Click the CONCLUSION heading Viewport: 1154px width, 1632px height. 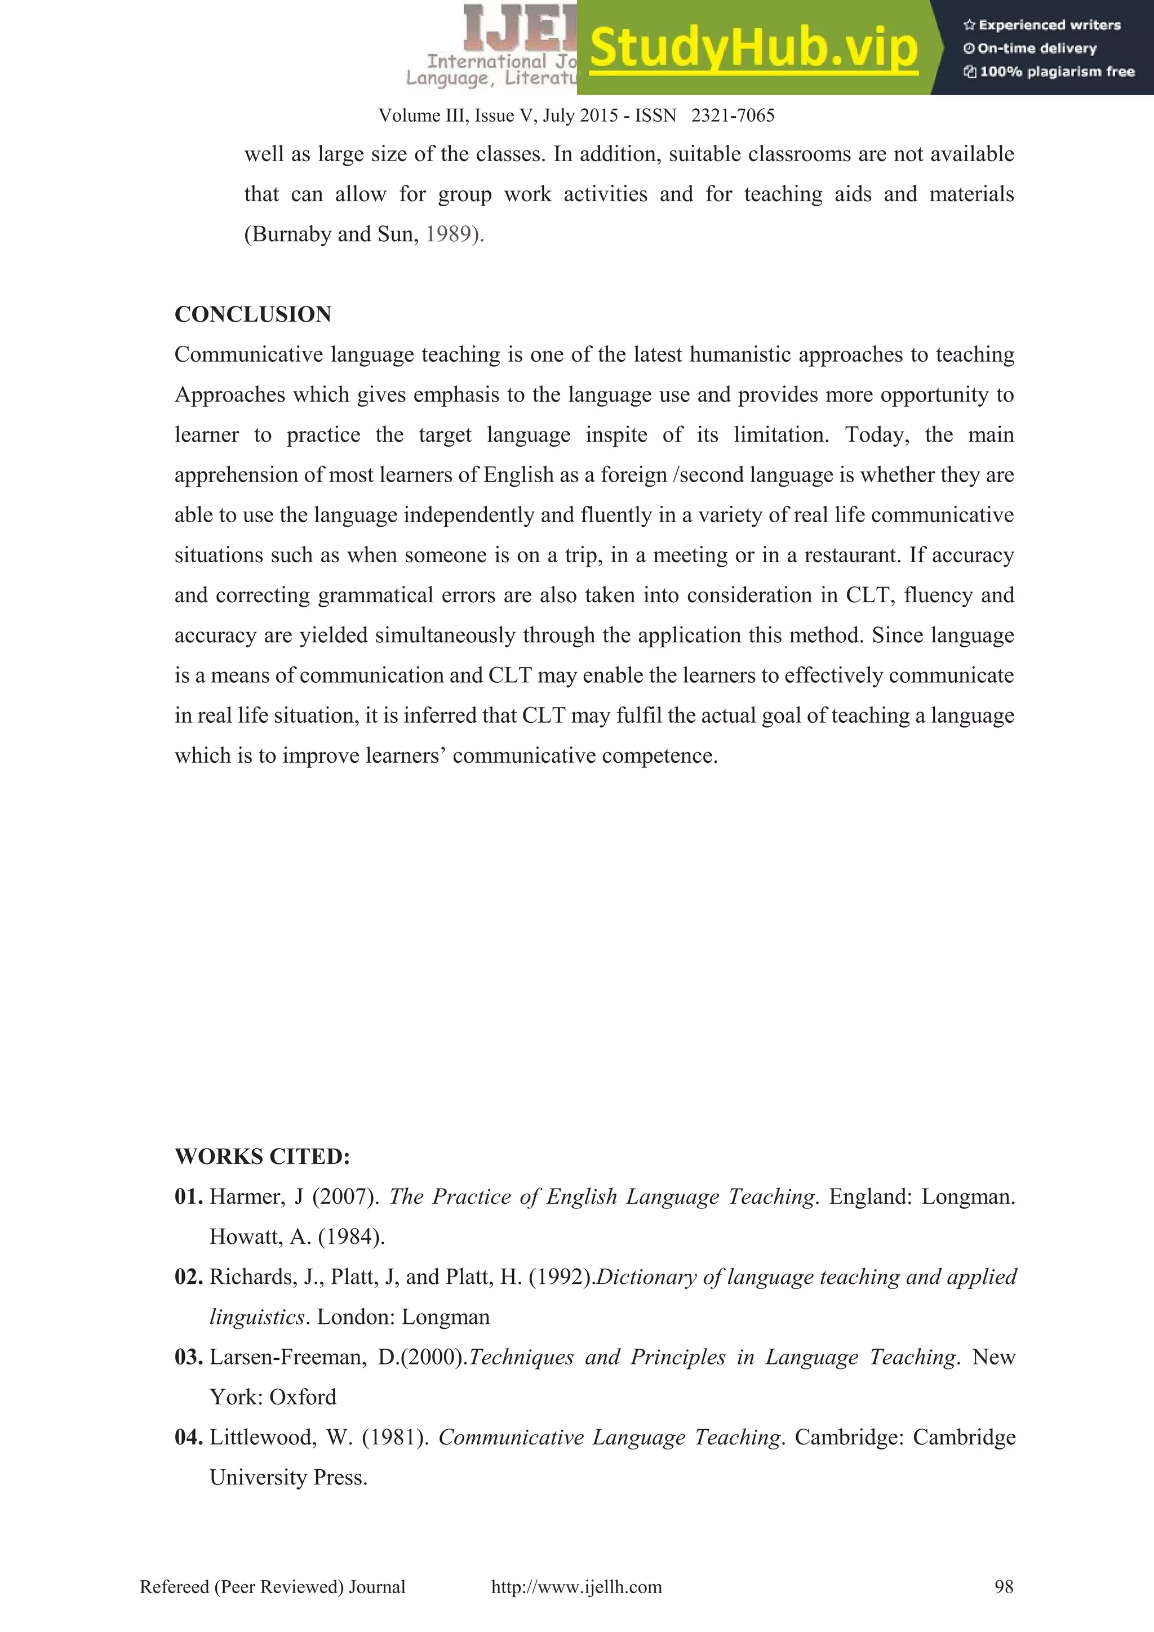click(x=252, y=314)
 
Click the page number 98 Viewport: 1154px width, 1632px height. click(x=1003, y=1586)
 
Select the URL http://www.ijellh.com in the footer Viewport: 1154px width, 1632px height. click(x=576, y=1586)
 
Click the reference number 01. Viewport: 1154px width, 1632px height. click(x=188, y=1197)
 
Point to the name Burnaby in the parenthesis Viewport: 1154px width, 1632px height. click(x=291, y=234)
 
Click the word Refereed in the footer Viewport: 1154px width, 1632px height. click(x=174, y=1586)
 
